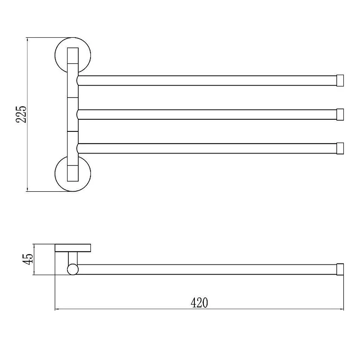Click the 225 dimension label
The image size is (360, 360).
click(x=21, y=114)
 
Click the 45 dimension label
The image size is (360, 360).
click(x=28, y=259)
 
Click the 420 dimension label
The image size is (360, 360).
click(x=199, y=302)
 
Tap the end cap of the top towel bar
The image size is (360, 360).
click(x=340, y=81)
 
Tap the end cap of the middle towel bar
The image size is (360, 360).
click(x=340, y=115)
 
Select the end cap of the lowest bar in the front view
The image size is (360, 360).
click(x=340, y=148)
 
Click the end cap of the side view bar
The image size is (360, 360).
click(x=340, y=269)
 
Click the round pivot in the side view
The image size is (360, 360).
click(x=73, y=269)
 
